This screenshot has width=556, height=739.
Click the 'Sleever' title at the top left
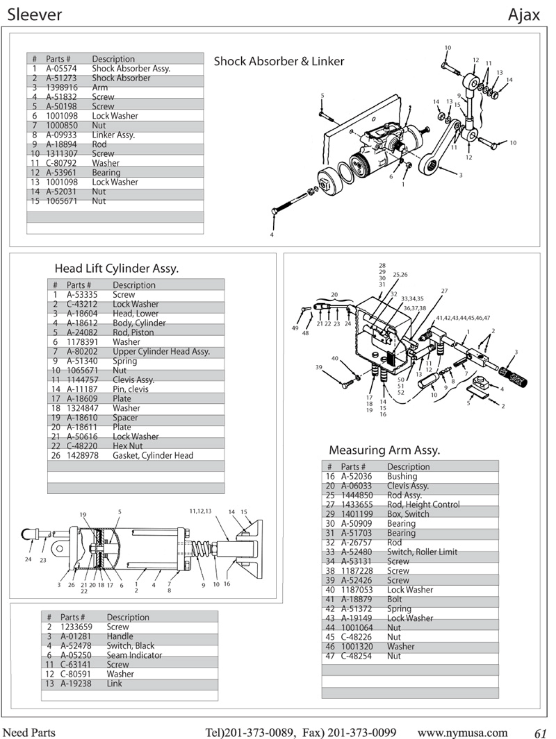point(34,15)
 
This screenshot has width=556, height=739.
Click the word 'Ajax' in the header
point(523,15)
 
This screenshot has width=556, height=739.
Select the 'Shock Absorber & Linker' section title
point(279,62)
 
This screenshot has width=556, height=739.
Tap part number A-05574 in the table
point(61,69)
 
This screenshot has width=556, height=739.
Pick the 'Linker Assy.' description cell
point(113,135)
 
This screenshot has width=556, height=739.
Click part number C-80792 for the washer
point(61,163)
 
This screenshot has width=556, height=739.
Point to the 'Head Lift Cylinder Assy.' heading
point(116,269)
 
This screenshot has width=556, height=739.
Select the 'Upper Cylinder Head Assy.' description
point(161,352)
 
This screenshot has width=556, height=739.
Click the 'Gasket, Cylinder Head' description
point(153,456)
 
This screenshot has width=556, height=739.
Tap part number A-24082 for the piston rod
point(82,332)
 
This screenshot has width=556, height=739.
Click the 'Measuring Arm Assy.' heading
point(384,450)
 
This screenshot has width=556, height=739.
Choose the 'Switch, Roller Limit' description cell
point(422,552)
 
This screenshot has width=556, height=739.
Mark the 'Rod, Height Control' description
point(423,505)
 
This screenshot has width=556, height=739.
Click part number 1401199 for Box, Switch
point(357,514)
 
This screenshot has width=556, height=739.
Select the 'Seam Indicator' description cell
point(134,655)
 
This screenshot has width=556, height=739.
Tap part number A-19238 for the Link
point(76,683)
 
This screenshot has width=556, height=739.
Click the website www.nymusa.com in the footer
point(462,733)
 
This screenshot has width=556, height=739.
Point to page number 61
point(541,733)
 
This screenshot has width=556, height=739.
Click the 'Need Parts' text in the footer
point(29,733)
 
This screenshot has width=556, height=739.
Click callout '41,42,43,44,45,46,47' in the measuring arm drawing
point(463,318)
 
